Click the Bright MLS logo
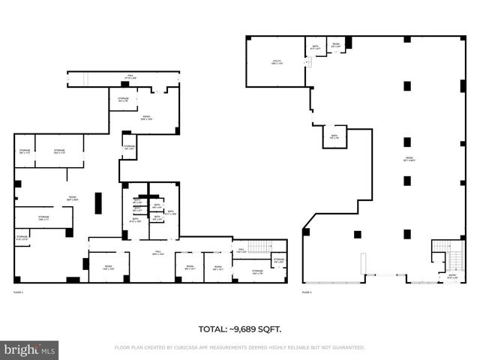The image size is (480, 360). (x=30, y=349)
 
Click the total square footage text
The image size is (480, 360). (x=240, y=329)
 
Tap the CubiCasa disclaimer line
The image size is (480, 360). (x=240, y=348)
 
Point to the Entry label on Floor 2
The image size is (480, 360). (x=452, y=275)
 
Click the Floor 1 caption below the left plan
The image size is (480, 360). (x=19, y=291)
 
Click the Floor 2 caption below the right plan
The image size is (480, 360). (x=307, y=291)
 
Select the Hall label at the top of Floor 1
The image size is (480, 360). (x=130, y=76)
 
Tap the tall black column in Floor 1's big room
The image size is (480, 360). (x=98, y=203)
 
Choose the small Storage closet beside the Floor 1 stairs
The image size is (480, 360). (x=278, y=261)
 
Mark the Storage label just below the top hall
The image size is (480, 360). (x=123, y=99)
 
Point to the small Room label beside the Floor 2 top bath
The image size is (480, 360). (x=336, y=44)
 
